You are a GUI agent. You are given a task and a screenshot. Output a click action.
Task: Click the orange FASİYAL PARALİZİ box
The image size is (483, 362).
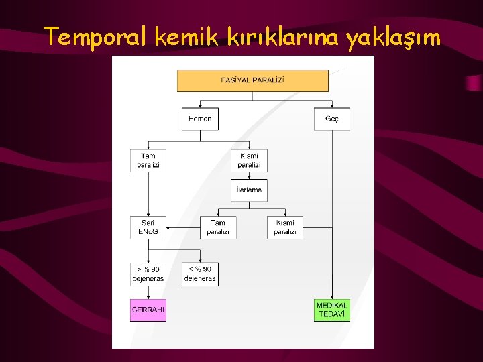click(253, 80)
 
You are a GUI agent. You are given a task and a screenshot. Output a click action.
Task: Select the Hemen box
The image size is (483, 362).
click(200, 119)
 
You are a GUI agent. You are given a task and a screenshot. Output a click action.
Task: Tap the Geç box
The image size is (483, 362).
click(332, 119)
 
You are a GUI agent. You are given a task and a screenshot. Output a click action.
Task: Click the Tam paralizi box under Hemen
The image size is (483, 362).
click(148, 161)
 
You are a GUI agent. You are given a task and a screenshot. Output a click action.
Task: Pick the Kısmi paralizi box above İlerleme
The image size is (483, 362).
click(249, 161)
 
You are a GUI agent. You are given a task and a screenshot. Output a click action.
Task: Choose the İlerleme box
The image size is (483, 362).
click(249, 190)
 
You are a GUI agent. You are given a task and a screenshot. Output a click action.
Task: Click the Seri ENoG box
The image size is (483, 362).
click(148, 227)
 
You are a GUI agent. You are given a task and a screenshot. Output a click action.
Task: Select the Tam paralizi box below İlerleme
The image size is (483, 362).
click(218, 227)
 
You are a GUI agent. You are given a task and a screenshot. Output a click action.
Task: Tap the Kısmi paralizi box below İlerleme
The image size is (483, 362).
click(285, 227)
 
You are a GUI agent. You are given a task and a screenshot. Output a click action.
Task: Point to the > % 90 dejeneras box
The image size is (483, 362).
click(148, 274)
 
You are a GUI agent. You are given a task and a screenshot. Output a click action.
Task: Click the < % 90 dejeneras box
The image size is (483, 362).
click(200, 274)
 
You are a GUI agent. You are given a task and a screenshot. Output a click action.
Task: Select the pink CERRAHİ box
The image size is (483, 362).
click(148, 310)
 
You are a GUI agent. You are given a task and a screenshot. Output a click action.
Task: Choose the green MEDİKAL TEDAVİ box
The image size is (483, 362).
click(332, 310)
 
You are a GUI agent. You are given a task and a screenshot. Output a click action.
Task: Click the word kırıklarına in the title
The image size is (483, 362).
click(282, 37)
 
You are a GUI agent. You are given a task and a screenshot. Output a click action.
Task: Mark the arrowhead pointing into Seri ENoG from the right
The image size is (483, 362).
click(169, 228)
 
